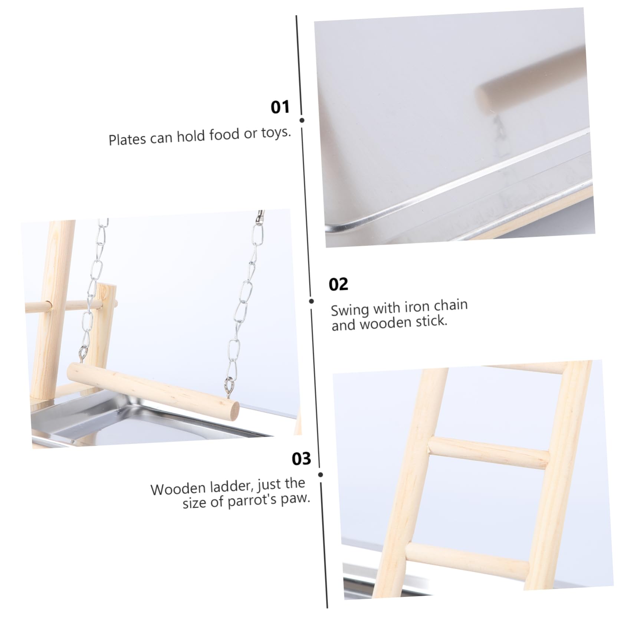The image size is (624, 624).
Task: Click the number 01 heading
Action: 280,107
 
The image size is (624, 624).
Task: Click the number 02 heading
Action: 338,284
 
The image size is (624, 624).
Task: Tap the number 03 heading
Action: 301,459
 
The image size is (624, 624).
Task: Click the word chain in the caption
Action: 450,305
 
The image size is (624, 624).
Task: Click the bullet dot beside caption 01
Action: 302,120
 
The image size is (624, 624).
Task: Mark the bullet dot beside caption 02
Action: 312,301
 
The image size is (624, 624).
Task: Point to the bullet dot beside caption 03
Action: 321,474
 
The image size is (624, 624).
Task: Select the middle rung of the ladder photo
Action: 488,454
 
